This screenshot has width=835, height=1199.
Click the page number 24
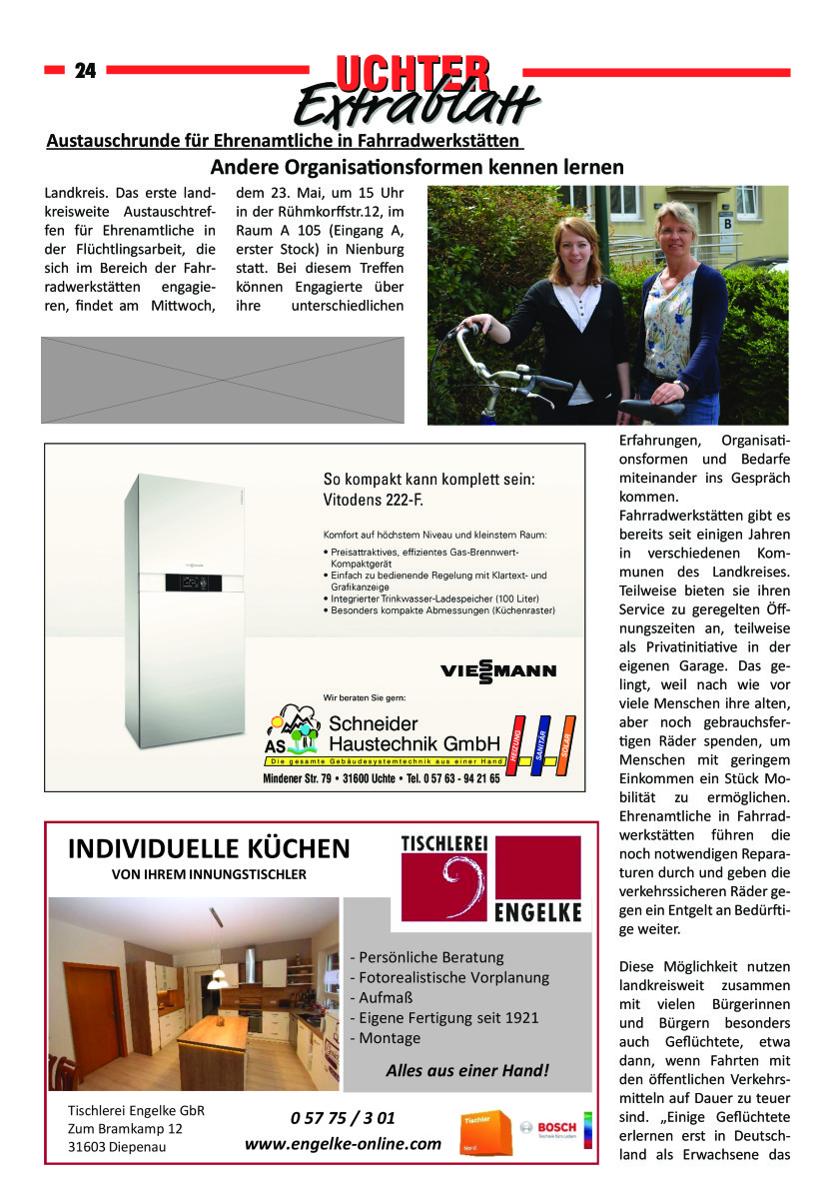coord(85,71)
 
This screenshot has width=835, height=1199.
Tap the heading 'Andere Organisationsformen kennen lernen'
coord(417,167)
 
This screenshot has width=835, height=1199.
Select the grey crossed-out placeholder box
coord(223,380)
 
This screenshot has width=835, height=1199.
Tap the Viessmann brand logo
coord(497,670)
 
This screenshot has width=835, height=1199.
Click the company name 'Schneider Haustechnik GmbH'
coord(414,733)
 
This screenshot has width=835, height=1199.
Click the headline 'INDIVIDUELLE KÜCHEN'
coord(209,849)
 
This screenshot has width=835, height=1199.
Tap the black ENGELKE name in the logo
coord(537,912)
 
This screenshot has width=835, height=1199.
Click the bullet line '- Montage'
coord(386,1038)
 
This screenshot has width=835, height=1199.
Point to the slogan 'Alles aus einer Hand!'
coord(466,1071)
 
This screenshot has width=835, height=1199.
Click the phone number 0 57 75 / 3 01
coord(343,1116)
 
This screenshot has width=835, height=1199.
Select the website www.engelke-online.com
coord(343,1143)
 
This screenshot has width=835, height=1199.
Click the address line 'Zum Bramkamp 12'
coord(125,1128)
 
